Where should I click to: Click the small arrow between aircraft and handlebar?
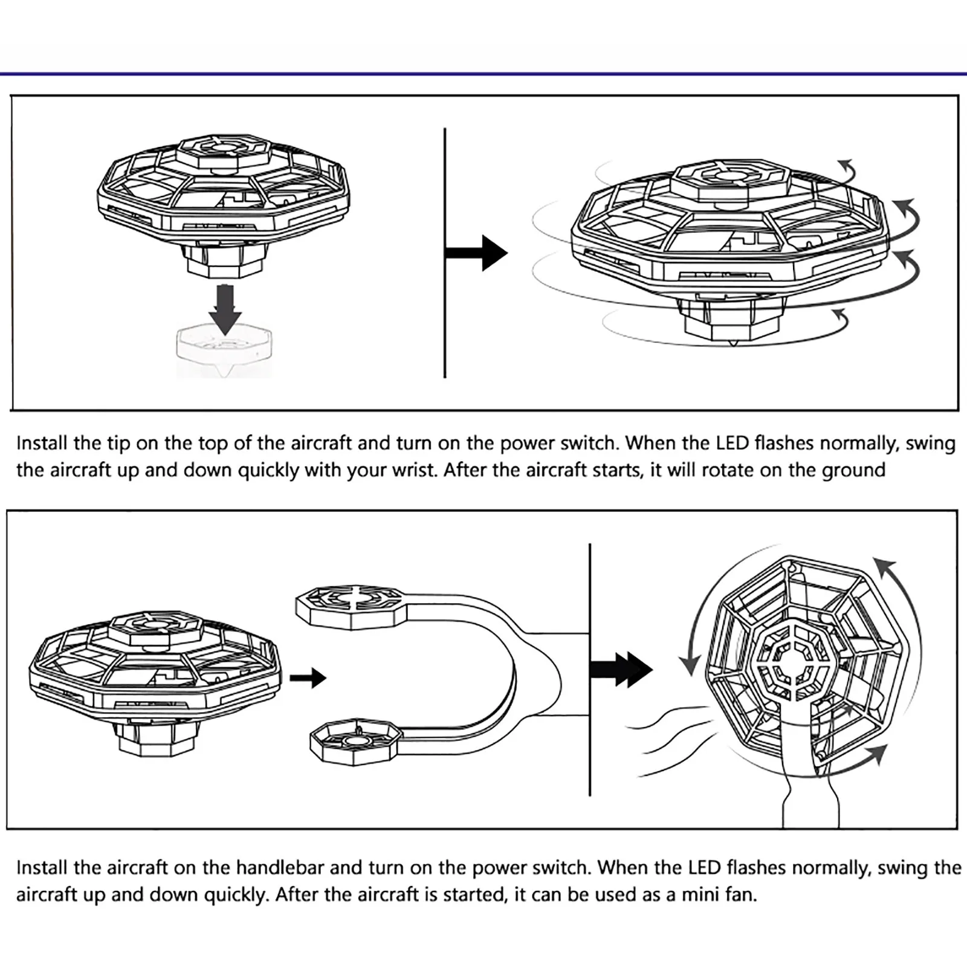click(308, 678)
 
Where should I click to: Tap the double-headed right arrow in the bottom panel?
click(621, 670)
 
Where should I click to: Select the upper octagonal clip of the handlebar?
click(349, 606)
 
